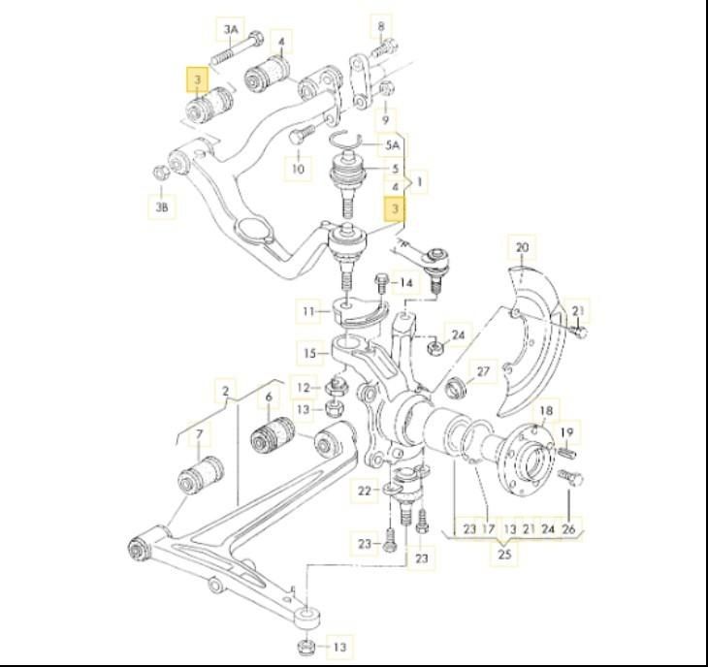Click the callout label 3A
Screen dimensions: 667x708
click(230, 30)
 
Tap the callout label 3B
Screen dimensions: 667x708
click(163, 206)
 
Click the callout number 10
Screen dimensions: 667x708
click(298, 169)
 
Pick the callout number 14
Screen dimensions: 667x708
click(406, 283)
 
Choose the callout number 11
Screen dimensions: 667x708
click(308, 312)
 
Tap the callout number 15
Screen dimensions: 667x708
click(309, 353)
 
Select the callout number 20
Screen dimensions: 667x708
click(523, 248)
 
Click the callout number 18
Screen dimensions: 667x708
click(545, 411)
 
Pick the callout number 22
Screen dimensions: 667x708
click(364, 492)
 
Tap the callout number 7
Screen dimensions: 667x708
click(200, 433)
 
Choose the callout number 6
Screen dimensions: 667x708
click(268, 397)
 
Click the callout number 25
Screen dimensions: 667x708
click(503, 556)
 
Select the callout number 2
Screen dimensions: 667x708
click(225, 392)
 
